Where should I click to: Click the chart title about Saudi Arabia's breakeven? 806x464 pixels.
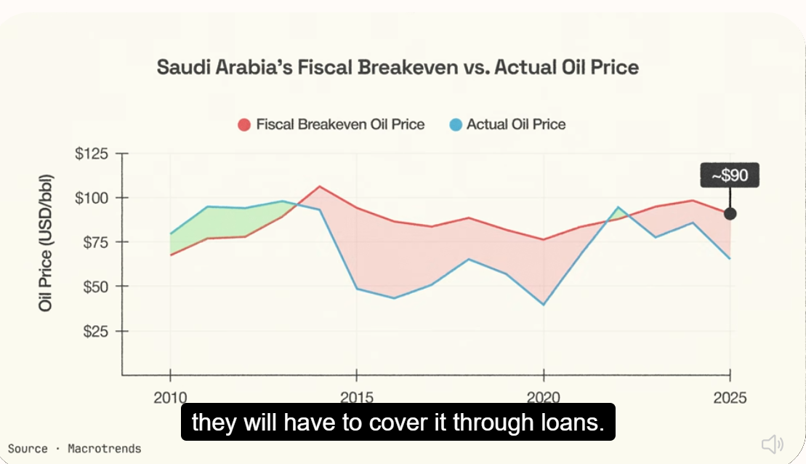(398, 68)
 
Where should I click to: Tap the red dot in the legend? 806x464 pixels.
(244, 125)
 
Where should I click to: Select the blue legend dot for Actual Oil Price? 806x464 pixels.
(456, 125)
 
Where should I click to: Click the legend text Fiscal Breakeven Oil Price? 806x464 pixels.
(340, 124)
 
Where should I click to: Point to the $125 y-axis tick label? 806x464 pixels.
(92, 153)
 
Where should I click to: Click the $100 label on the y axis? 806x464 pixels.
(92, 198)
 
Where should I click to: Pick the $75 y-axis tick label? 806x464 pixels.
(96, 241)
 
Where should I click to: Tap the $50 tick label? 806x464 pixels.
(96, 287)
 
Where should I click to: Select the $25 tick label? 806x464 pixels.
(96, 331)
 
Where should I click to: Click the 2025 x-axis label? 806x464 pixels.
(730, 398)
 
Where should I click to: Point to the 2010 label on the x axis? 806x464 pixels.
(170, 398)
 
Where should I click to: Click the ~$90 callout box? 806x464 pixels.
(730, 175)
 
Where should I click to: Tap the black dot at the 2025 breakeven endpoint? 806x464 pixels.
(730, 214)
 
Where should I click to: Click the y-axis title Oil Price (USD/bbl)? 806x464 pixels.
(45, 243)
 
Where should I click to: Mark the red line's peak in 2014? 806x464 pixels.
(320, 186)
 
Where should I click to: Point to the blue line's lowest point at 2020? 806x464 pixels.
(544, 305)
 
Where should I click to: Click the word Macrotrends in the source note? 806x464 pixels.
(105, 449)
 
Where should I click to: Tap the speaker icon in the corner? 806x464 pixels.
(772, 444)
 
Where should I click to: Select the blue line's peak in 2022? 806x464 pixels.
(618, 207)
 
